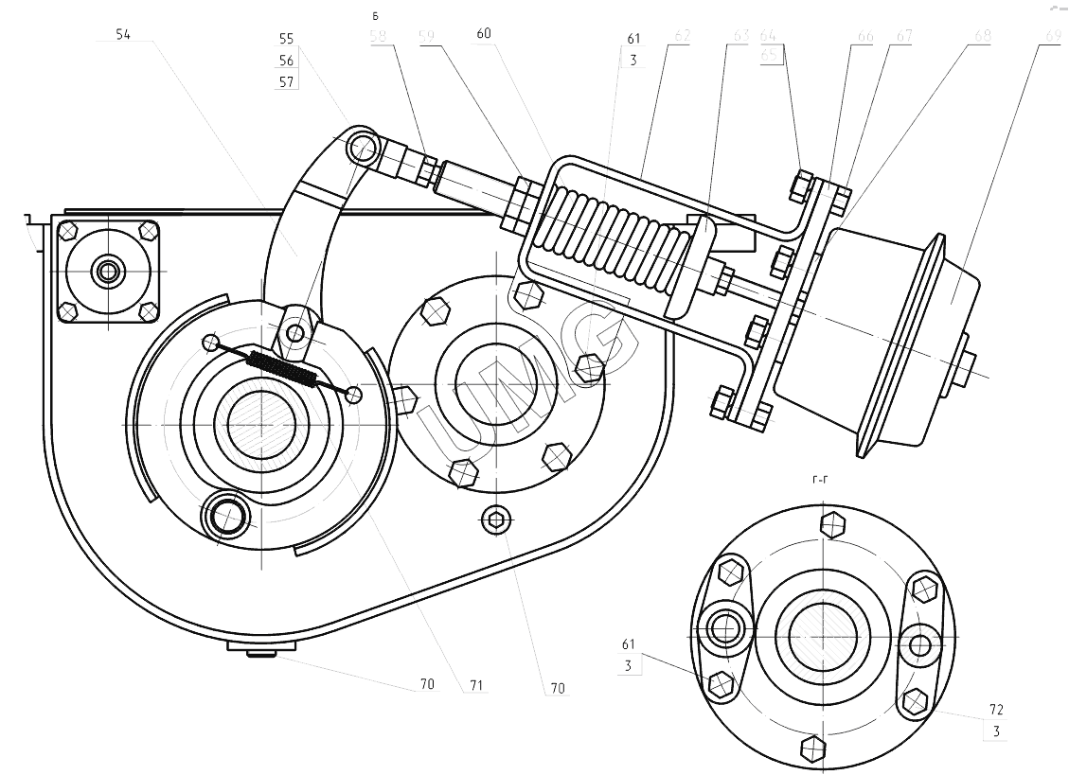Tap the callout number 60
(484, 32)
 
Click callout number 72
(996, 709)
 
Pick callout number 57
(286, 81)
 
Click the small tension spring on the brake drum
(281, 367)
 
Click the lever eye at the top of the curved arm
(361, 147)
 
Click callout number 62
(681, 36)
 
